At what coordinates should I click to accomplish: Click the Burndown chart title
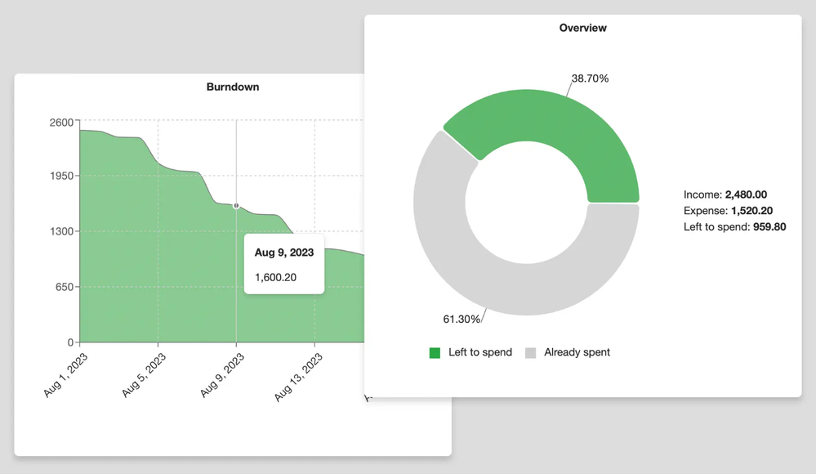point(233,87)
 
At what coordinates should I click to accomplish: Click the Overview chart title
point(582,28)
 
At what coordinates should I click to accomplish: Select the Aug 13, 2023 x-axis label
point(299,377)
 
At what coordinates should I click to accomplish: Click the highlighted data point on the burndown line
point(236,206)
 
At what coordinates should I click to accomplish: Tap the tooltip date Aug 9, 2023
point(284,253)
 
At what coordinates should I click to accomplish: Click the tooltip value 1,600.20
point(275,277)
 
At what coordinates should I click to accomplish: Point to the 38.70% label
point(590,78)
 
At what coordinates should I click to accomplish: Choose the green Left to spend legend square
point(435,353)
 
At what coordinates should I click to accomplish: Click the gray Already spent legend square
point(531,353)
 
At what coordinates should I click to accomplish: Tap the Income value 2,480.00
point(746,195)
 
